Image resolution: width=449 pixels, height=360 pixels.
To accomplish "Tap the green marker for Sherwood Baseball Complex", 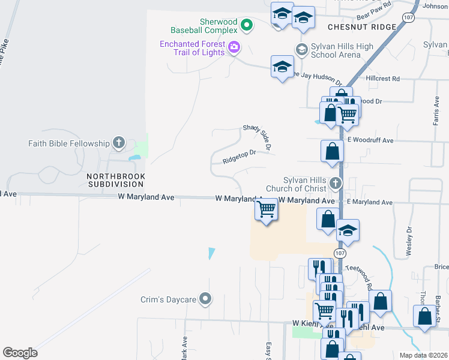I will [246, 25].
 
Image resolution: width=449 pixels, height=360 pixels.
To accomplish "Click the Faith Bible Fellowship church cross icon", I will [119, 143].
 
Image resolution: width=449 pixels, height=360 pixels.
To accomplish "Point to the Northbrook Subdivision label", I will [116, 180].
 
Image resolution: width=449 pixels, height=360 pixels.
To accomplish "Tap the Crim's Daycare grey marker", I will [206, 298].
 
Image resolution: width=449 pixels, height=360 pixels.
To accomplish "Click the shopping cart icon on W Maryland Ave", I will [266, 210].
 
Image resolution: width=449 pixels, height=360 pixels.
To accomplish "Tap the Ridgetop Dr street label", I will [239, 157].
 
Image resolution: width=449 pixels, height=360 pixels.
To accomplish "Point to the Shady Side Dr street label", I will [258, 136].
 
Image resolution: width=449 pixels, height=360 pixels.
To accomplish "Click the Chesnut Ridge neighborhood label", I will [362, 27].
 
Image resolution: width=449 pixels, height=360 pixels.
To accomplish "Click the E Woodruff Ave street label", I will [369, 140].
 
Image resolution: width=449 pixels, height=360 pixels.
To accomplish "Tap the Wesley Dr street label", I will [410, 241].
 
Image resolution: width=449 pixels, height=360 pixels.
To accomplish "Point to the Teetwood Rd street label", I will [364, 276].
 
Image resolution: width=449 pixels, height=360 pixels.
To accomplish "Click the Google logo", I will [20, 352].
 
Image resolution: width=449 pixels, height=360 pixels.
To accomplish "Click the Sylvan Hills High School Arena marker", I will [302, 50].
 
